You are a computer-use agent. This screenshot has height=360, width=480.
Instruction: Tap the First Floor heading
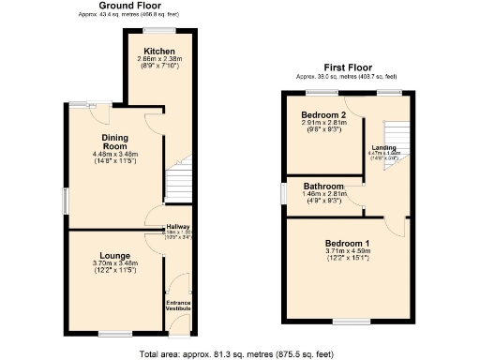coord(346,67)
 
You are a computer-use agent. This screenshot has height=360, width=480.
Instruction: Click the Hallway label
coord(177,227)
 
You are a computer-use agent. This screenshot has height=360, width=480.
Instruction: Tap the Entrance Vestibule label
coord(177,306)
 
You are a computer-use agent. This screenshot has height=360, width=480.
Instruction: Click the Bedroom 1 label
coord(347,243)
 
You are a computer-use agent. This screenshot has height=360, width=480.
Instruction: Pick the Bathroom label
coord(323,187)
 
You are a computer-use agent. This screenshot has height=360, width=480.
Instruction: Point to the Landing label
coord(383,148)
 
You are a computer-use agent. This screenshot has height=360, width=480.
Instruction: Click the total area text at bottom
coord(239,353)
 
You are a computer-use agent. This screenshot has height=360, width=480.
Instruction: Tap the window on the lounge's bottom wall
coord(115,333)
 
